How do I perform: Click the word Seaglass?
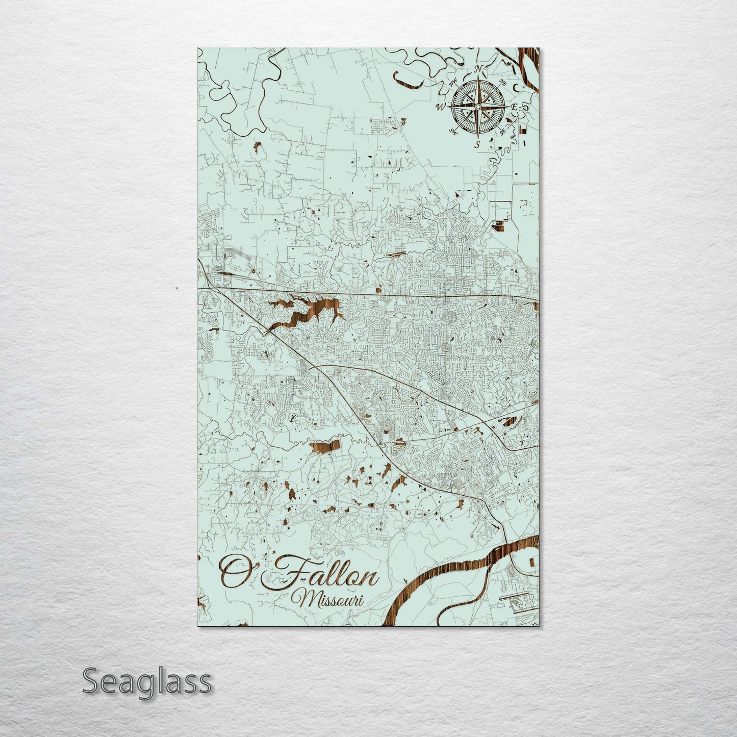coord(146,681)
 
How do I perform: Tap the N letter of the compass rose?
coord(478,69)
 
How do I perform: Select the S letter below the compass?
coord(477,144)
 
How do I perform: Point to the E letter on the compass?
coord(515,107)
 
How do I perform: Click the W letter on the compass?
coord(441,107)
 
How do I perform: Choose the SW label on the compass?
coord(452,132)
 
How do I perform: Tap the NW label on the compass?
coord(452,82)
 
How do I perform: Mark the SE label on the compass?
coord(503,132)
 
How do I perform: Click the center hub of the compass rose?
coord(478,107)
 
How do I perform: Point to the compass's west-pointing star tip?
coord(449,107)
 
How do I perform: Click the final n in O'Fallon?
coord(370,579)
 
